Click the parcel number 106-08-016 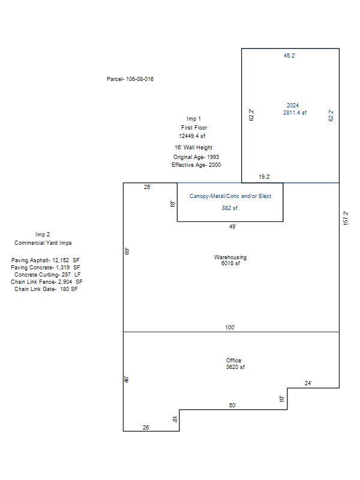(140, 79)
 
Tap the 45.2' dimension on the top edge (290, 56)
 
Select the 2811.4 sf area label (295, 113)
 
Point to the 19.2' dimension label (265, 177)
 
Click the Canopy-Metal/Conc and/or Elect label (230, 196)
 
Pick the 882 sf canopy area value (230, 208)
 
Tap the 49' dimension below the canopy (233, 227)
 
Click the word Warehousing (230, 257)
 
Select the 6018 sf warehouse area (230, 263)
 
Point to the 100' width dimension (230, 328)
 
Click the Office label (233, 361)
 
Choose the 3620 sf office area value (235, 367)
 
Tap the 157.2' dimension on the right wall (346, 218)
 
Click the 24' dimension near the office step (308, 383)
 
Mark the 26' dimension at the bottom (146, 428)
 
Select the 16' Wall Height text (193, 148)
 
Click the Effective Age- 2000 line (196, 165)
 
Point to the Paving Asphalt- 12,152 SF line (46, 260)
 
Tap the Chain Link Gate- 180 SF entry (46, 289)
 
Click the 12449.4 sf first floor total (192, 136)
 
